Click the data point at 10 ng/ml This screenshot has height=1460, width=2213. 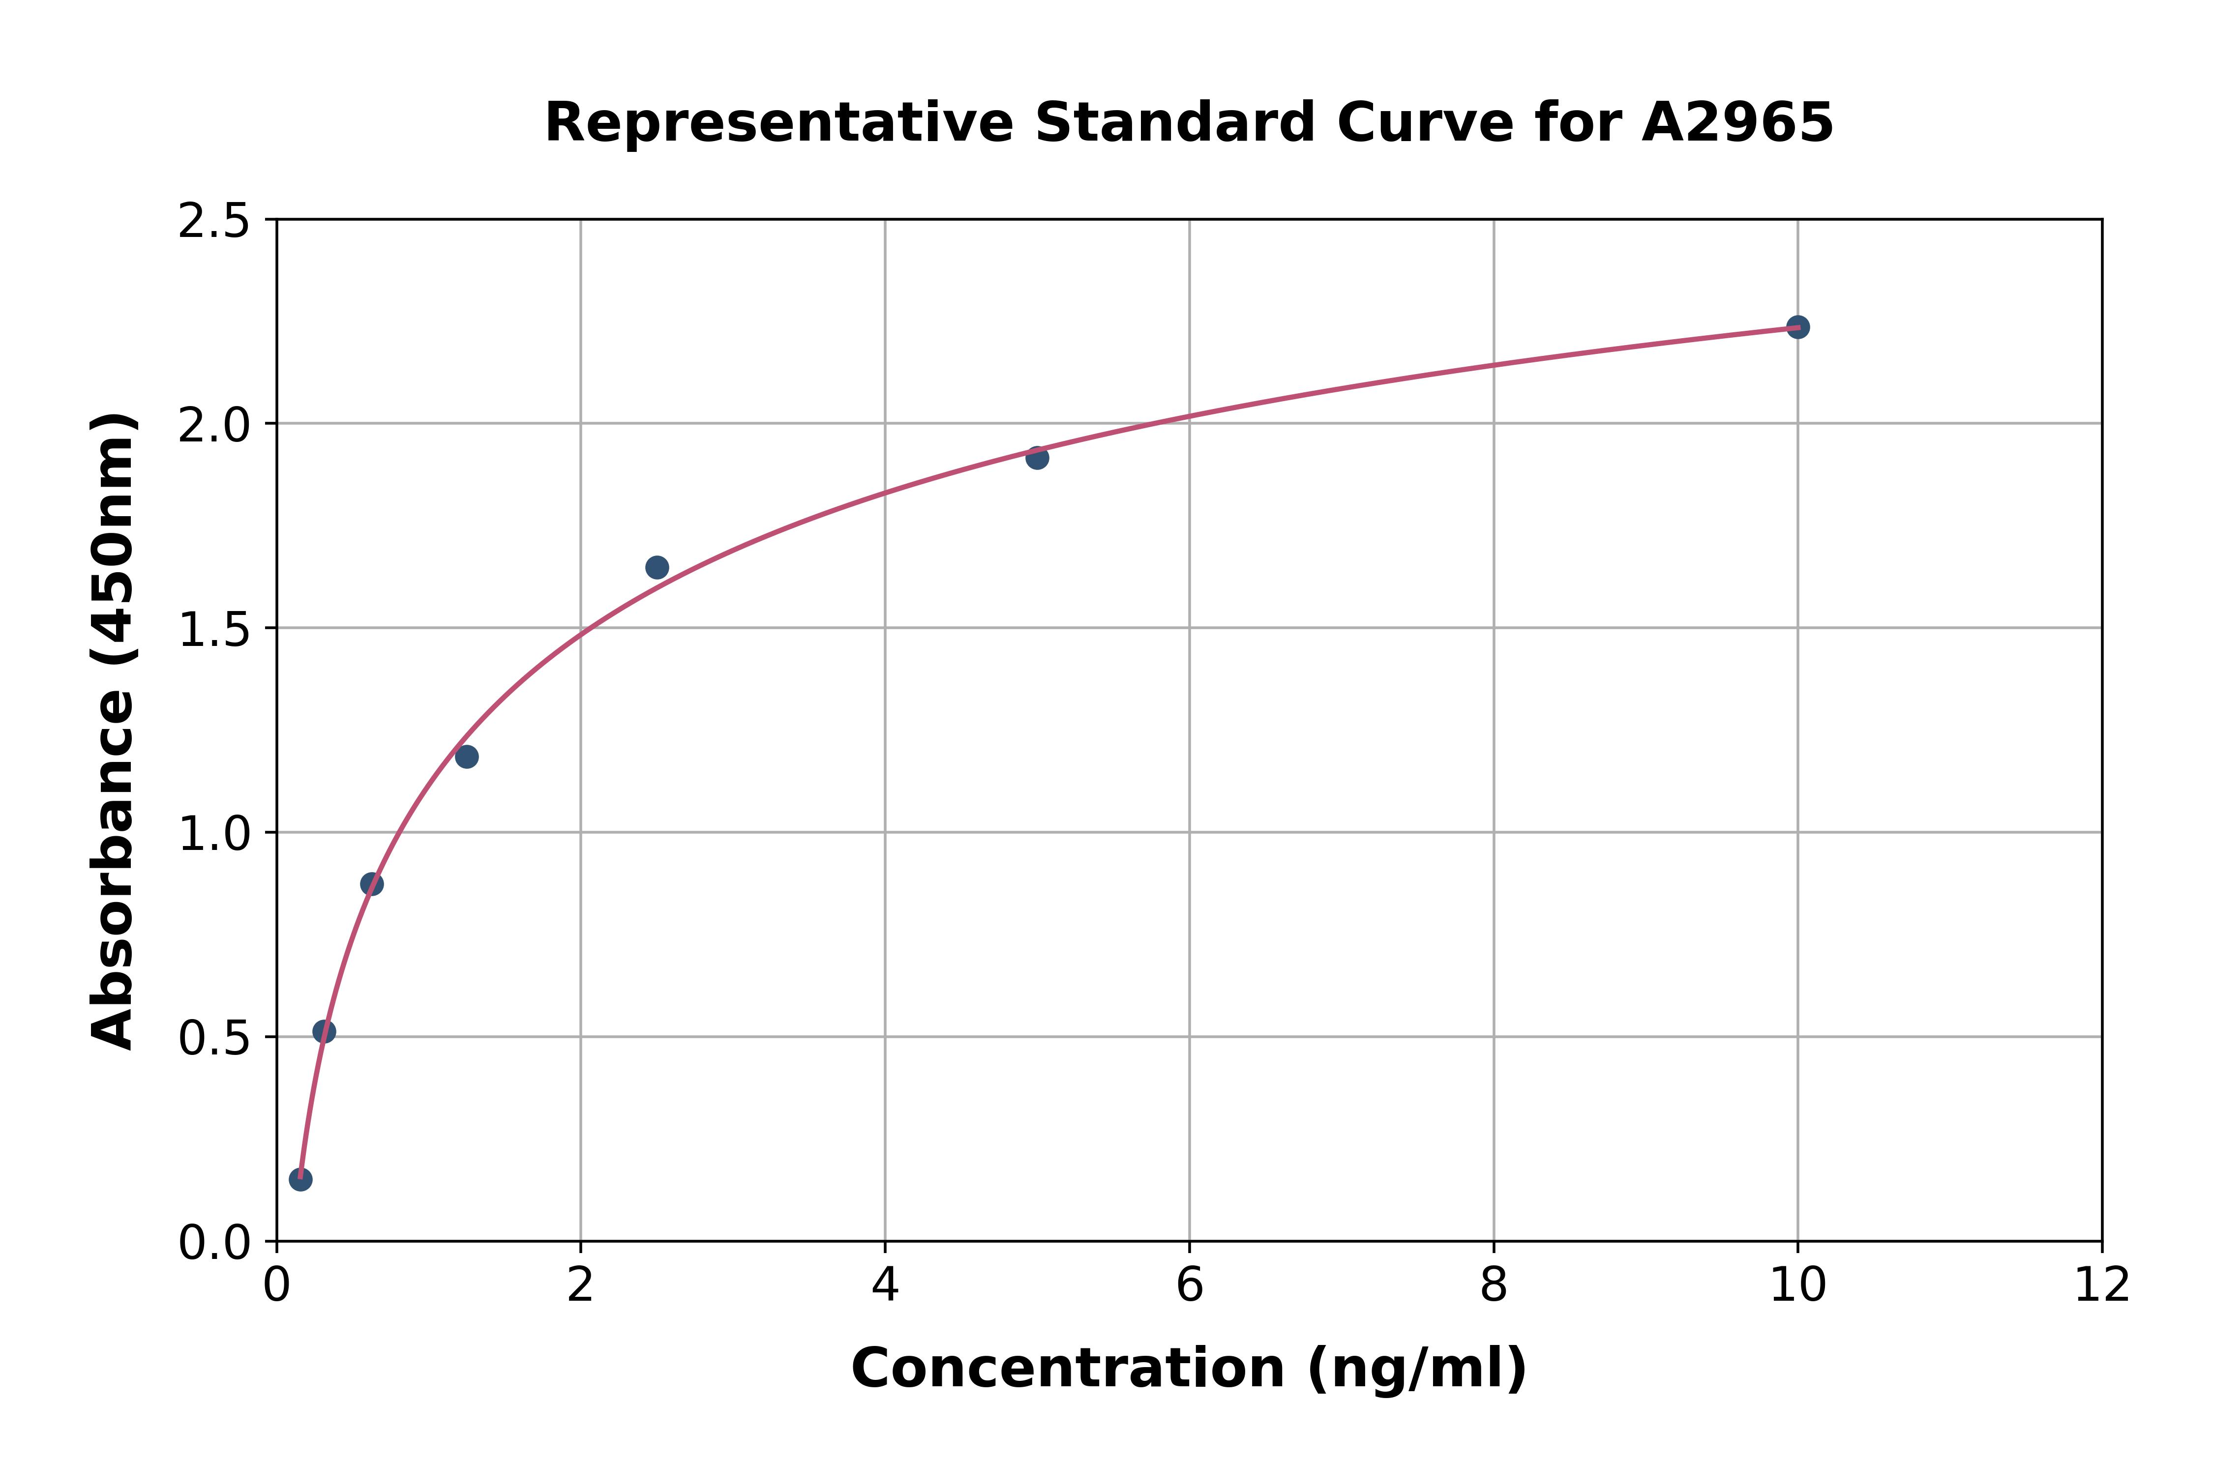pyautogui.click(x=1797, y=327)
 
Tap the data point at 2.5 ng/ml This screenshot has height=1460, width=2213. pyautogui.click(x=657, y=567)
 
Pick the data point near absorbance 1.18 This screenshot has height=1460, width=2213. pyautogui.click(x=467, y=756)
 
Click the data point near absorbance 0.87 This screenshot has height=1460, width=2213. pyautogui.click(x=372, y=884)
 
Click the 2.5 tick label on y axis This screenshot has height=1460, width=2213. pyautogui.click(x=214, y=222)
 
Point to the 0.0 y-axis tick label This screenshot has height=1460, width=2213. pyautogui.click(x=214, y=1243)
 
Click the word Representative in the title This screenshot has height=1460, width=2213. pyautogui.click(x=778, y=123)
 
